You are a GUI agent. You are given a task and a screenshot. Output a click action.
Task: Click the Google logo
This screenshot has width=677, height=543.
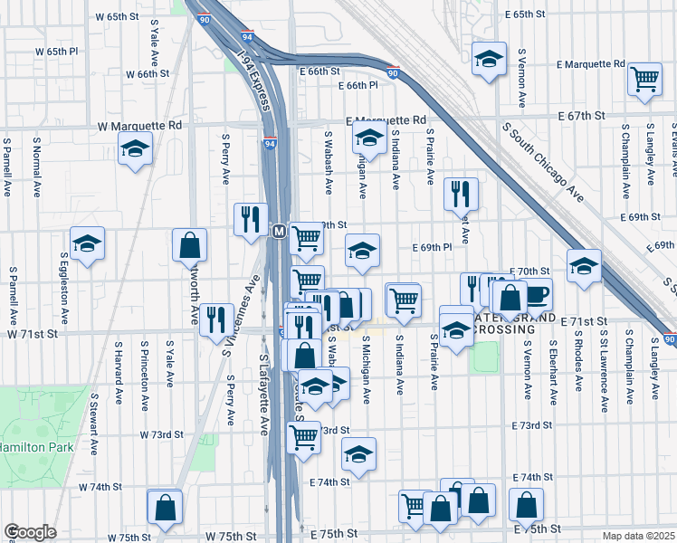30,532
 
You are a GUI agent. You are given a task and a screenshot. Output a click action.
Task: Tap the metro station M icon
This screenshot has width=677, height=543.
280,233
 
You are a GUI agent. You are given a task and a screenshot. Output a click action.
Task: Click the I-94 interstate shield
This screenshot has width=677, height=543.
271,143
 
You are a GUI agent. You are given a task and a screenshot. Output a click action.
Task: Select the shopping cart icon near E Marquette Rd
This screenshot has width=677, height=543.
644,79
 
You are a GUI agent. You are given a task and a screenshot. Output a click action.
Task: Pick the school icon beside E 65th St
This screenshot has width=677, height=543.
489,59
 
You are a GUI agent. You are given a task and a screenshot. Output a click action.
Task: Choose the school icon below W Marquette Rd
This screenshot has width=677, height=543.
136,148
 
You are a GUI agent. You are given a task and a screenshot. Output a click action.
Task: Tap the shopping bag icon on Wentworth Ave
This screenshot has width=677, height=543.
190,244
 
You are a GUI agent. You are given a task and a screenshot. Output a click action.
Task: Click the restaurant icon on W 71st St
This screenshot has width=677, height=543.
216,319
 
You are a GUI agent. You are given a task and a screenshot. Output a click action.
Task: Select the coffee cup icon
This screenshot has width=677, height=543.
535,295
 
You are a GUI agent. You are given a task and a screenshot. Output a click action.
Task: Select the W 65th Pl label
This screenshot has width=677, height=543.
71,51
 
